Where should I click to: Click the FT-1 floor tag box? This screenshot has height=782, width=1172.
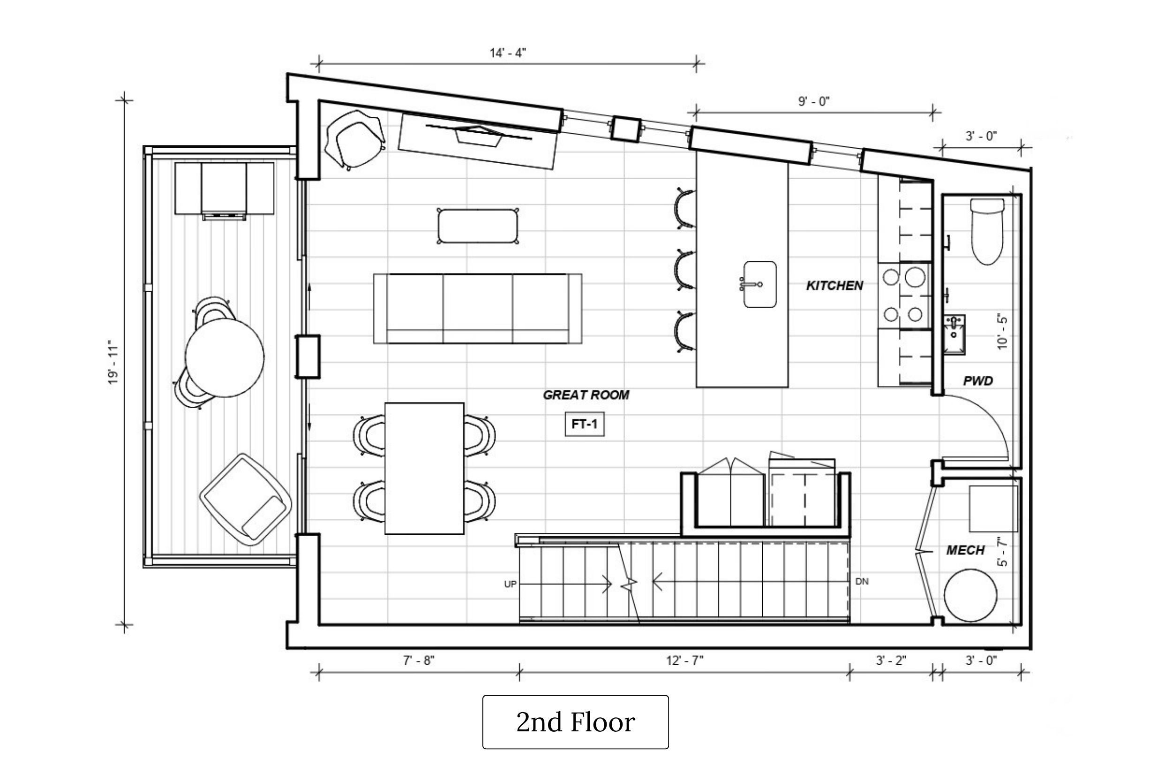click(584, 425)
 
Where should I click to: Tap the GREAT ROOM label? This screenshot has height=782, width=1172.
click(586, 395)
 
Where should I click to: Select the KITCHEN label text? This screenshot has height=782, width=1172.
click(834, 286)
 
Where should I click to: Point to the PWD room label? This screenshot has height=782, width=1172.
click(977, 381)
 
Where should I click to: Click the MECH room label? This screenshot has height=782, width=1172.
click(965, 550)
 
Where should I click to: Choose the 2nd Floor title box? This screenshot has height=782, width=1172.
click(576, 722)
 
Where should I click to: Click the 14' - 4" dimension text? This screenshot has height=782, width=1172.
click(508, 53)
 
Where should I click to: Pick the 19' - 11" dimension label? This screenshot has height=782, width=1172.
click(113, 362)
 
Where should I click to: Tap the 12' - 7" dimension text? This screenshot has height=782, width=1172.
click(684, 661)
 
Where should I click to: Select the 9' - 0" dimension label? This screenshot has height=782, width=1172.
click(814, 101)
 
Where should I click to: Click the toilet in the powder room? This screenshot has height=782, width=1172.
click(987, 231)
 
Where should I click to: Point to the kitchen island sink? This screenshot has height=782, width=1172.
click(759, 284)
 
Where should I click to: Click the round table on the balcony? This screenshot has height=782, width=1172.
click(225, 357)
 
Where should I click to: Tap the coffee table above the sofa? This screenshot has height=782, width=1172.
click(478, 226)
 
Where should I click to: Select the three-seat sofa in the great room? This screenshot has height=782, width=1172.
click(478, 308)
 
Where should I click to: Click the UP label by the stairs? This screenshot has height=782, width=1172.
click(510, 584)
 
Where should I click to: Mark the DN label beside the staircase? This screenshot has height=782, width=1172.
click(862, 582)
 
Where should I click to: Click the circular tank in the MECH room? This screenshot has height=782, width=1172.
click(971, 595)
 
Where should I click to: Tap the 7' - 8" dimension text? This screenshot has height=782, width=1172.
click(419, 661)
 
